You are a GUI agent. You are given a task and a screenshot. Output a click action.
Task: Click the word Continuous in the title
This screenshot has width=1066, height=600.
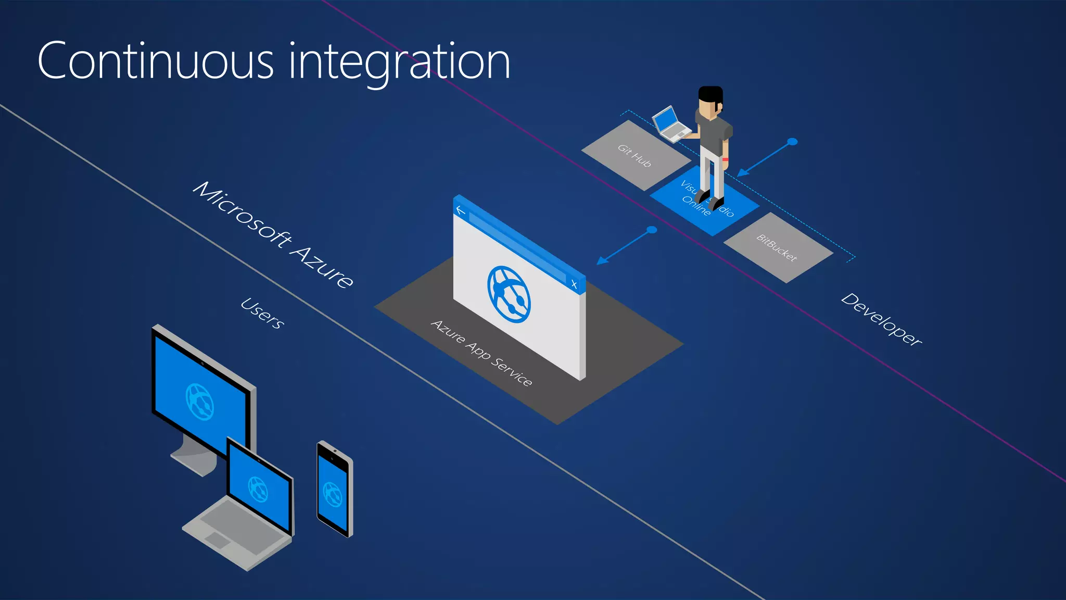(155, 61)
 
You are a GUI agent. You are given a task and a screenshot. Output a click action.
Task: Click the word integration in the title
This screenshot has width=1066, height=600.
(399, 63)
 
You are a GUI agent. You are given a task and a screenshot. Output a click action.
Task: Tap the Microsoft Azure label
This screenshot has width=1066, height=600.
(273, 234)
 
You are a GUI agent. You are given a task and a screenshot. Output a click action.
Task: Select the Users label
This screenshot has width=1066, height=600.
(262, 313)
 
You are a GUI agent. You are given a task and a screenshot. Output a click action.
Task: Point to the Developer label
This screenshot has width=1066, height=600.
(881, 319)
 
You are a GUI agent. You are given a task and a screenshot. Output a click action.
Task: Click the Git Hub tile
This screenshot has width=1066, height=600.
(634, 155)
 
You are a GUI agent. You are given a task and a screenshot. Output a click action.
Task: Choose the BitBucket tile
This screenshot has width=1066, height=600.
(777, 247)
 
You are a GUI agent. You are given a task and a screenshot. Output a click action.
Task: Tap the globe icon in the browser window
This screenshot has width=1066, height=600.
(509, 294)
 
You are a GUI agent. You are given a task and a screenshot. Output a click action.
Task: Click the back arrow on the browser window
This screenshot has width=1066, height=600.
(461, 210)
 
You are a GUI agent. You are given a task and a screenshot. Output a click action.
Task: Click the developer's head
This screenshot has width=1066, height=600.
(710, 102)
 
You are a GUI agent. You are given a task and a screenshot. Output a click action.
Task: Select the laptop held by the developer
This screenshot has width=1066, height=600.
(670, 124)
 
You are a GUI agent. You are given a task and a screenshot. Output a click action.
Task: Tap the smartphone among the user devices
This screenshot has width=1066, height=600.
(334, 489)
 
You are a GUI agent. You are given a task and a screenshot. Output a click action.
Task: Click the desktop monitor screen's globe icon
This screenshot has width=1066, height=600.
(199, 402)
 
